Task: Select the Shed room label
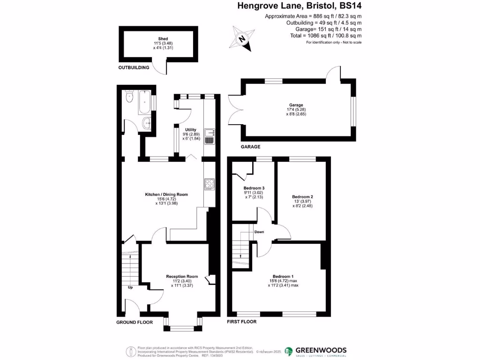pos(163,39)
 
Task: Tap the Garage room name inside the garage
pos(296,105)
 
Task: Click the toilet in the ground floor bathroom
pos(130,97)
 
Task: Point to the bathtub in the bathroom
pos(144,103)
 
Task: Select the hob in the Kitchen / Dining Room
pos(209,185)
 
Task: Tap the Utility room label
pos(190,130)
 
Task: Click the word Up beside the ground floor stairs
pos(130,287)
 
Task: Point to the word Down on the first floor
pos(259,232)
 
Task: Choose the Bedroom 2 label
pos(302,196)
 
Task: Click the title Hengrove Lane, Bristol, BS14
pos(300,7)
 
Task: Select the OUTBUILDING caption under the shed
pos(134,67)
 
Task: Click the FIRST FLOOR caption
pos(241,322)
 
